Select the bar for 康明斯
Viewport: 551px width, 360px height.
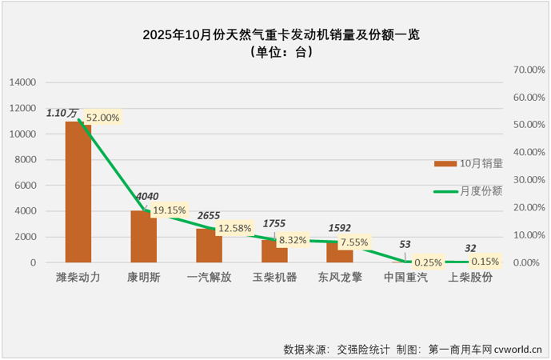tap(143, 238)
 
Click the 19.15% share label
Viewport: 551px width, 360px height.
tap(169, 210)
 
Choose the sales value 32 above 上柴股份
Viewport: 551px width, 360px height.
tap(470, 248)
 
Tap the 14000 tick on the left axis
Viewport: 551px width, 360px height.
tap(23, 82)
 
